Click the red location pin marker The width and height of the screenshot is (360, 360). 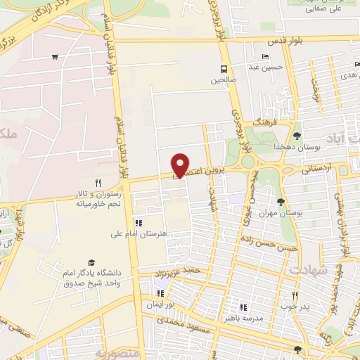coord(181,165)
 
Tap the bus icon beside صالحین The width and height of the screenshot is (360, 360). coord(224,69)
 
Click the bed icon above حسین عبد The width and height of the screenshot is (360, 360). coord(265,57)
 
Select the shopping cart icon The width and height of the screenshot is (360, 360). coord(55,57)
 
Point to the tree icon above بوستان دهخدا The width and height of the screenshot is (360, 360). coord(297,135)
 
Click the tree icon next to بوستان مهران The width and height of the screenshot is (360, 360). coord(281,202)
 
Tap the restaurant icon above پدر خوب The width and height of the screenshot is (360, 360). coord(295,296)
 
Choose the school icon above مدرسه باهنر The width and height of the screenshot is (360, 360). coord(243,307)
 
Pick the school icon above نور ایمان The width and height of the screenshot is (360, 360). coord(160,293)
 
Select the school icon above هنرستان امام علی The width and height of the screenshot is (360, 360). coord(139,223)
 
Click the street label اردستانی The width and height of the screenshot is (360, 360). coord(317,169)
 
